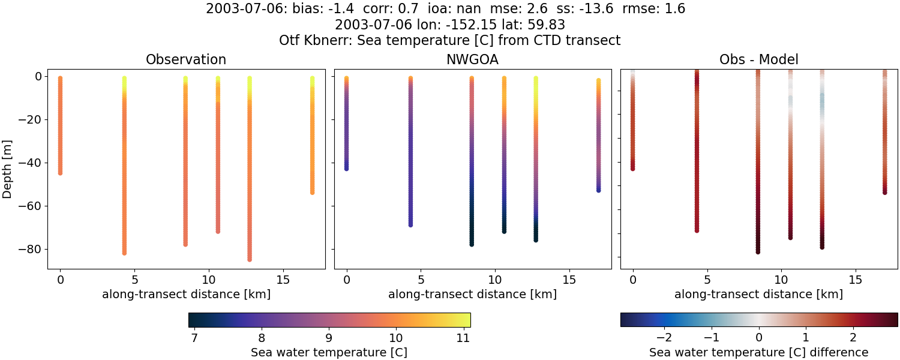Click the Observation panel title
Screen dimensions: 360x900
tap(186, 60)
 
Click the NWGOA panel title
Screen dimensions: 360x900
tap(472, 60)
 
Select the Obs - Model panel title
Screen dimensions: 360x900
tap(758, 60)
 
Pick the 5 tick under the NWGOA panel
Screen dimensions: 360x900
tap(421, 280)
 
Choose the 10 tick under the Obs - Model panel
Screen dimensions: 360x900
tap(781, 280)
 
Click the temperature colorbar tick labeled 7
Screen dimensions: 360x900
tap(194, 338)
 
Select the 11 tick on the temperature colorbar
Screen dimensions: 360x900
tap(462, 338)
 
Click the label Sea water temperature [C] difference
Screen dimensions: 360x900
tap(758, 353)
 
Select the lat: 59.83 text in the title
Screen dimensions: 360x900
tap(535, 25)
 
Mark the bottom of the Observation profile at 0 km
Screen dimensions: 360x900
tap(60, 173)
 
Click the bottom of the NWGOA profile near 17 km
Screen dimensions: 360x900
tap(598, 190)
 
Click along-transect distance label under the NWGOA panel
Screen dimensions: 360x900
tap(472, 295)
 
